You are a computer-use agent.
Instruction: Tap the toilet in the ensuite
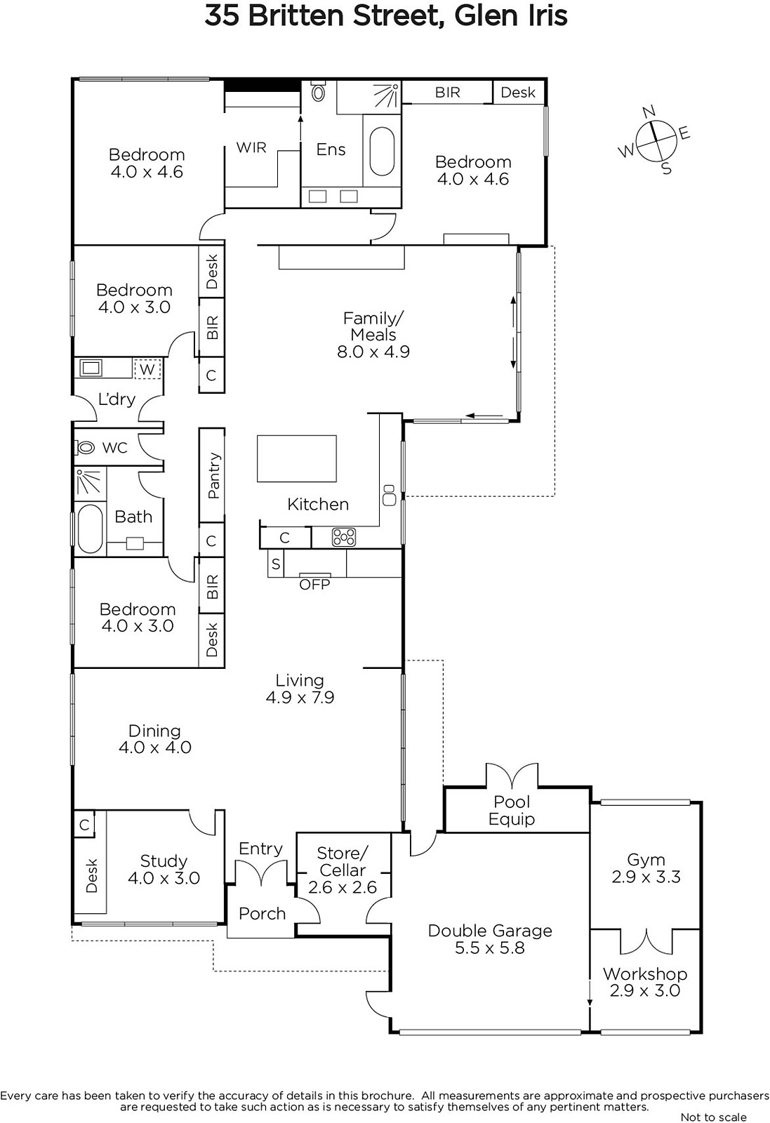click(318, 91)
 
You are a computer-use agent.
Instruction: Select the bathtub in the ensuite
click(382, 152)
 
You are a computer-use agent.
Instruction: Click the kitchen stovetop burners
click(344, 537)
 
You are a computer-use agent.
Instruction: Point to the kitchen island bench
click(297, 459)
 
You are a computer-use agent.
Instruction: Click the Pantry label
click(213, 475)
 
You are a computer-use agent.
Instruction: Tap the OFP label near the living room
click(314, 585)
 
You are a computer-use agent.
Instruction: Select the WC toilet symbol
click(85, 446)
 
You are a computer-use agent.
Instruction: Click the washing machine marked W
click(147, 369)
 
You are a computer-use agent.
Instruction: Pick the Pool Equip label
click(512, 811)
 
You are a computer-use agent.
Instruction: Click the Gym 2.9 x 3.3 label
click(646, 868)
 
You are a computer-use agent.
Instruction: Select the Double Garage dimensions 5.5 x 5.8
click(490, 948)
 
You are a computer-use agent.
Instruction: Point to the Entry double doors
click(262, 874)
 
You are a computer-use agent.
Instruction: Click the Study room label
click(164, 861)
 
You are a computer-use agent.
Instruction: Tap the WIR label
click(251, 147)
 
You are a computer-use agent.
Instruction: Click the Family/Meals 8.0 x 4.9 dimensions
click(373, 352)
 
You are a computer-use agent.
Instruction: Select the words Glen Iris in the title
click(511, 15)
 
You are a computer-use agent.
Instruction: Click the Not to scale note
click(713, 1117)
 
